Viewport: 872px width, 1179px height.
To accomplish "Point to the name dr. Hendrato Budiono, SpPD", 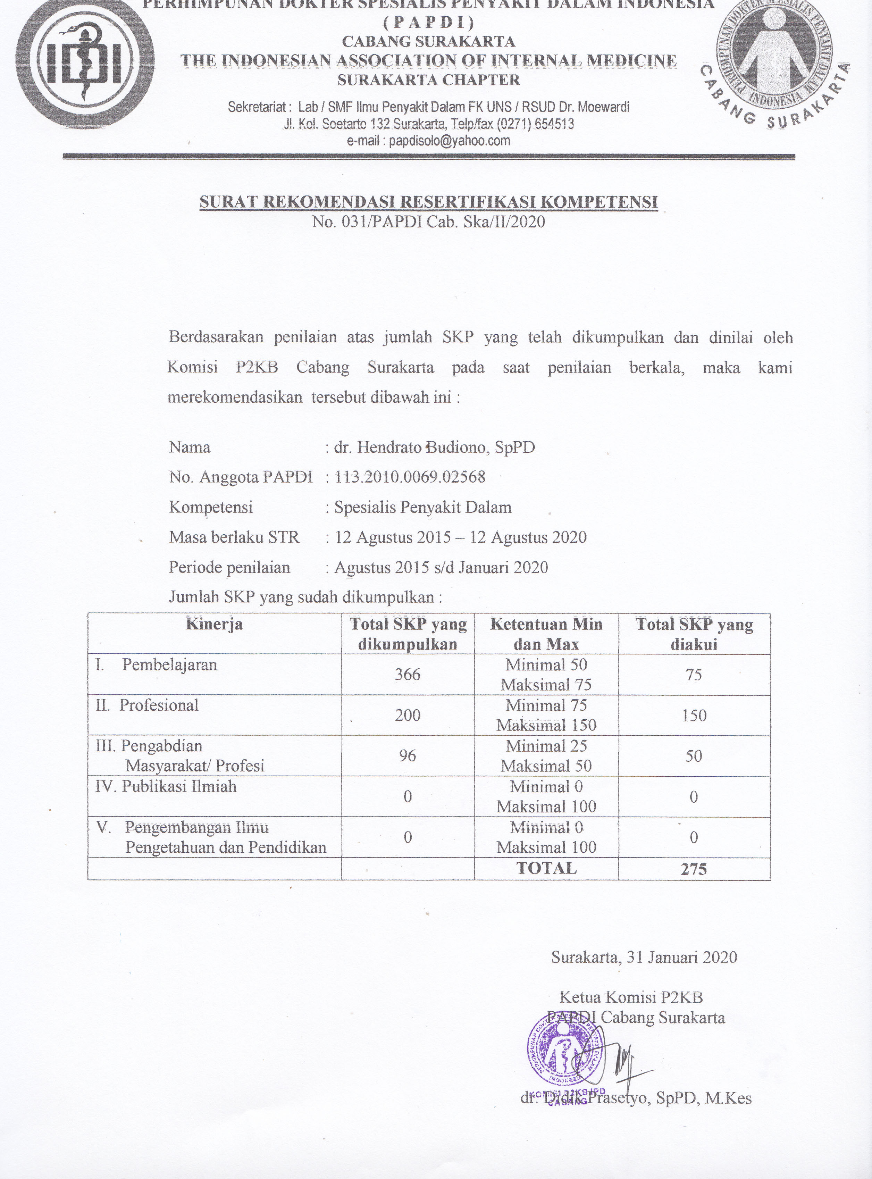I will [x=434, y=448].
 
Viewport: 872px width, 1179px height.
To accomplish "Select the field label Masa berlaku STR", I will [x=234, y=537].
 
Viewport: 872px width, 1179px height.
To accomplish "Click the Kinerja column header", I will [x=214, y=624].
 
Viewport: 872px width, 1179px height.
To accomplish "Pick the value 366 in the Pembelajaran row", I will [x=408, y=675].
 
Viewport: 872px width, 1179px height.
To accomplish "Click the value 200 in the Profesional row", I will [x=408, y=715].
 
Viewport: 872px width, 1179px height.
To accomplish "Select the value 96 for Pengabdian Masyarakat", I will [x=408, y=756].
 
